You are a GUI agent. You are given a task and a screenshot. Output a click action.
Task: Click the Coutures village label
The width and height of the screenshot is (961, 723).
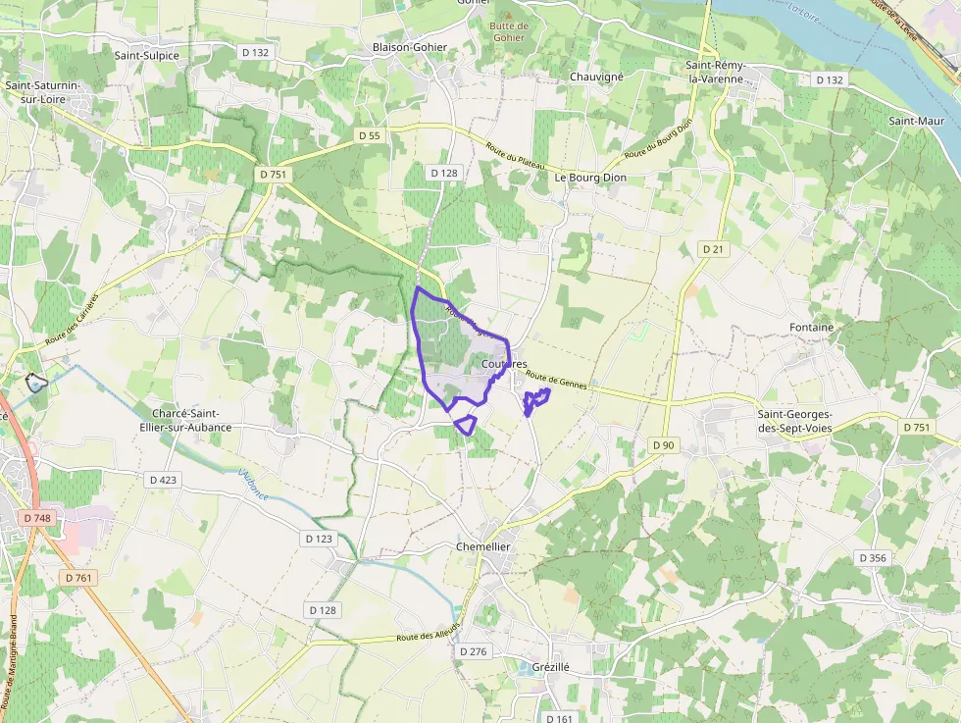coord(505,364)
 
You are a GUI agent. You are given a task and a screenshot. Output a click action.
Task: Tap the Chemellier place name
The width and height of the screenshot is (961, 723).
coord(484,546)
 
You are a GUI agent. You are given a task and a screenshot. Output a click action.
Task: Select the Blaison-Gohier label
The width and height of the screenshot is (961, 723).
coord(410,47)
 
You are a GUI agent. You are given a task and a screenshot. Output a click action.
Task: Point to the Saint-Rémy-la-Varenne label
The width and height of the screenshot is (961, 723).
coord(716,72)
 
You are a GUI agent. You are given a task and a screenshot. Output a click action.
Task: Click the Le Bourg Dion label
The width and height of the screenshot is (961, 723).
coord(590,178)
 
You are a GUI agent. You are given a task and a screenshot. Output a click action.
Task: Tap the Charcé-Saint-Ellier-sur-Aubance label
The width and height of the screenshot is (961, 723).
coord(191,421)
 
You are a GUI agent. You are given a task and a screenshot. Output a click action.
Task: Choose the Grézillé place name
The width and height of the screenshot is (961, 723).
coord(551,667)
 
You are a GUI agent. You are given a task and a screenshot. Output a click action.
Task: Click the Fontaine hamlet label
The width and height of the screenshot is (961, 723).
coord(811,327)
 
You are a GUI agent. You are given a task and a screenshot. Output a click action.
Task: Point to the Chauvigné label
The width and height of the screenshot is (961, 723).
coord(598,76)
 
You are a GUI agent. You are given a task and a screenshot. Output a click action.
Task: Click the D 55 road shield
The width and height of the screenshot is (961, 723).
coord(369,135)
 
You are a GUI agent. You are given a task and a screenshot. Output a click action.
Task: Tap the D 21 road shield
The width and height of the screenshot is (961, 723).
coord(713,249)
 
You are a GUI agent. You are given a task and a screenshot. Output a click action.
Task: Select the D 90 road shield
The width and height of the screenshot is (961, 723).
coord(664,445)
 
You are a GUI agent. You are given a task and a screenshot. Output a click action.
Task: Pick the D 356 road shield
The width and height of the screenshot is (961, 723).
coord(872,557)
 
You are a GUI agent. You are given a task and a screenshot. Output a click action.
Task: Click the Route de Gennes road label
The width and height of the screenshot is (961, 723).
coord(556,380)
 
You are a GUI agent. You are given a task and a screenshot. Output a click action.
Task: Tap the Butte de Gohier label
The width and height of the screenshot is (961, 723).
coord(509,31)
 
